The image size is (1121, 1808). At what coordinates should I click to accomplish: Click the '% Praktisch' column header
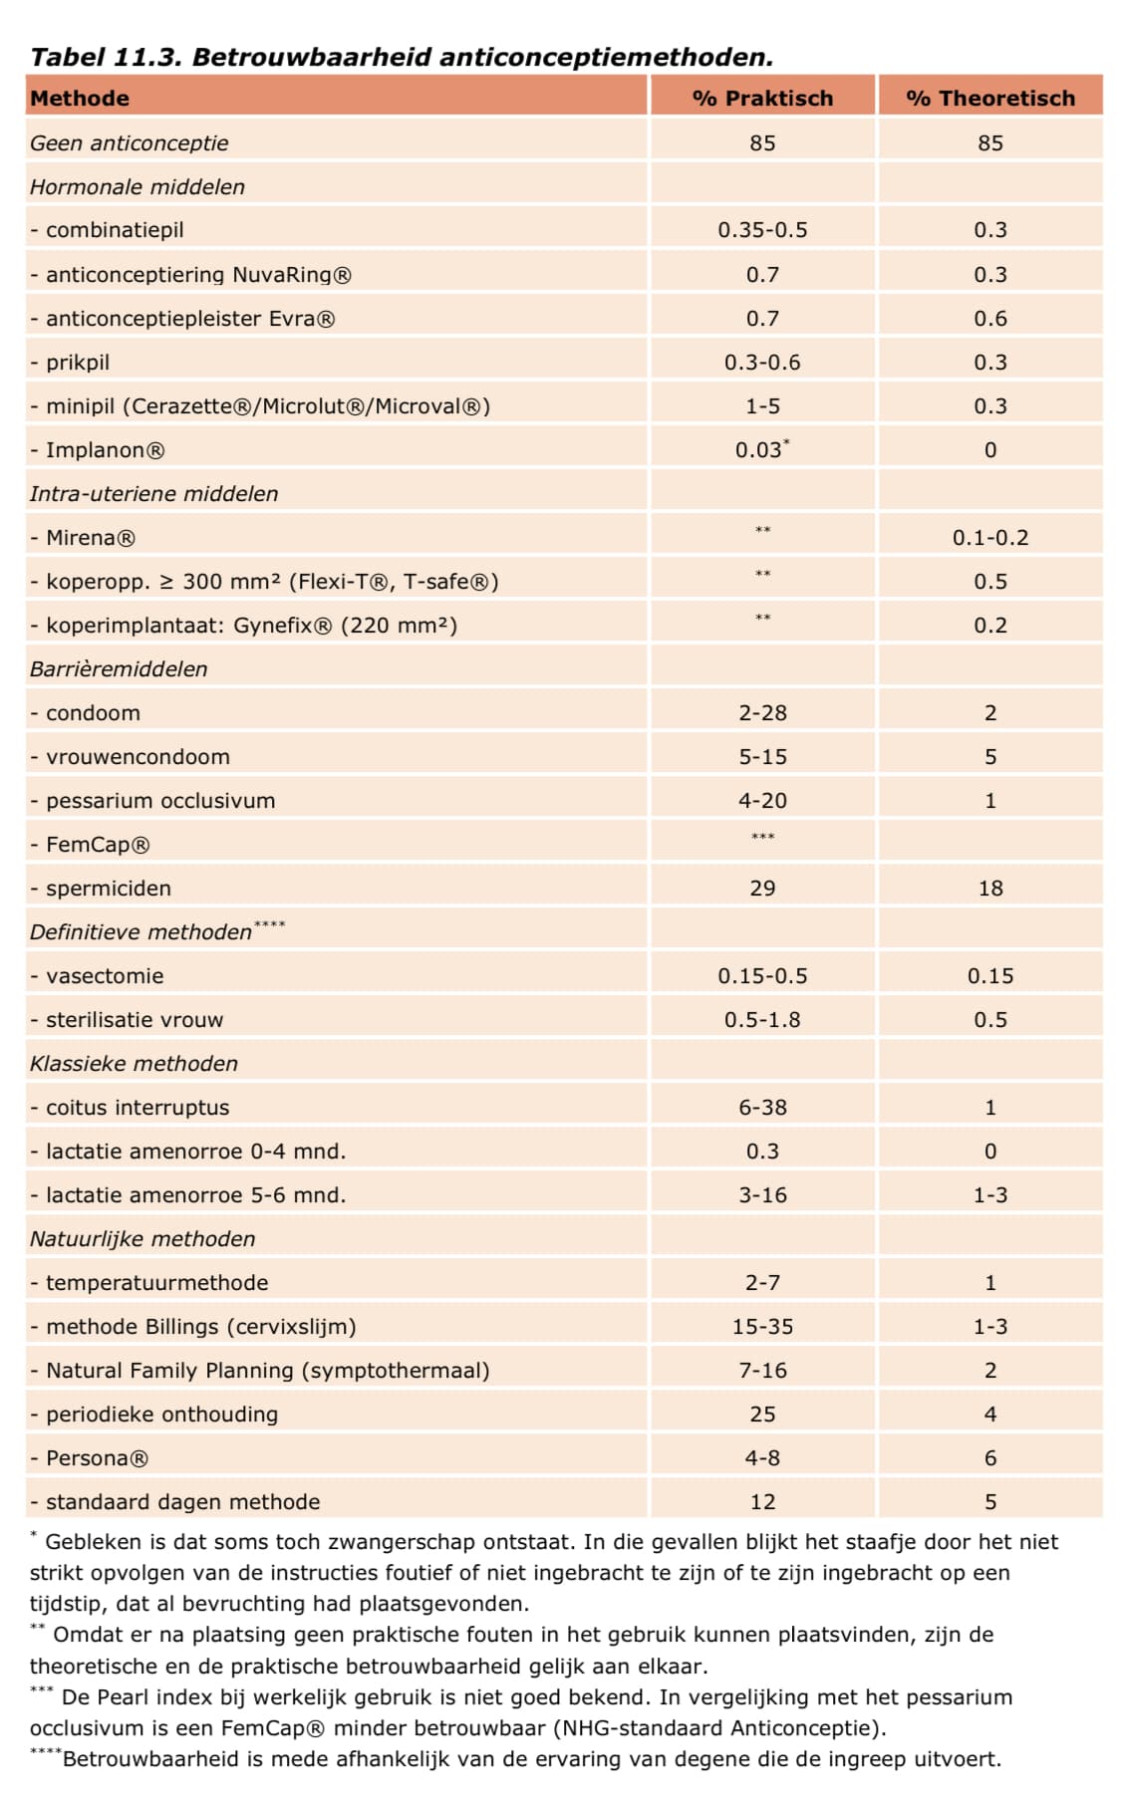click(762, 99)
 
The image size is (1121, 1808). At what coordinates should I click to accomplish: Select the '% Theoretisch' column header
click(990, 99)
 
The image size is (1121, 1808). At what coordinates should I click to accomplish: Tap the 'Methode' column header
click(80, 99)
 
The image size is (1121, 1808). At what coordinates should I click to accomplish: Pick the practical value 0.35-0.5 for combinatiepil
click(762, 230)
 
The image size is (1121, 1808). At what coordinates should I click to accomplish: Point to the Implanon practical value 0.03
click(759, 449)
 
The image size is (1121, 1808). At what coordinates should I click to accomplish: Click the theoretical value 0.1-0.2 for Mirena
click(990, 538)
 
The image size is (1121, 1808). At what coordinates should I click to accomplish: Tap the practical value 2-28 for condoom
click(762, 713)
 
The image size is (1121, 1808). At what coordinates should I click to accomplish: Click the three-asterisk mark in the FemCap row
click(762, 837)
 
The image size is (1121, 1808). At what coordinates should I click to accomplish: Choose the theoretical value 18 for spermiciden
click(990, 889)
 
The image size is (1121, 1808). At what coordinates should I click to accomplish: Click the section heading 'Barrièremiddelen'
click(119, 669)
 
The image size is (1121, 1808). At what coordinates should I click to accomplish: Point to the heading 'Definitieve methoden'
click(140, 932)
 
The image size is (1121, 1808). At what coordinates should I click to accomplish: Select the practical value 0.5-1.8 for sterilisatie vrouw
click(762, 1020)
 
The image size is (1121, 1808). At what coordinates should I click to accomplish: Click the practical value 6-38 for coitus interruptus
click(762, 1108)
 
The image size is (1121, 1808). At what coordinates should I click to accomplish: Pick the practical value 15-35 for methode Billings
click(762, 1327)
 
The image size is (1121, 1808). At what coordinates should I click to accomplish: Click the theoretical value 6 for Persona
click(990, 1458)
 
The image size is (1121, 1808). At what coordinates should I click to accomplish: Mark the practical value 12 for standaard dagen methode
click(762, 1502)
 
